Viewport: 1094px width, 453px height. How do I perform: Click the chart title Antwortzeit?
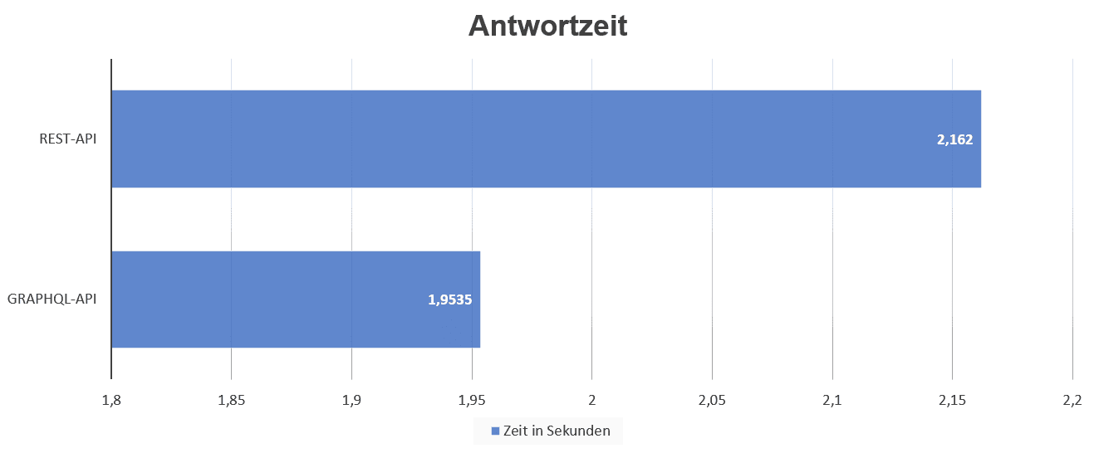(x=547, y=26)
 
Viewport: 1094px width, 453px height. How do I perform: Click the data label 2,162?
(x=954, y=139)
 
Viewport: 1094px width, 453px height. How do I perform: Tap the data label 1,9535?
(x=450, y=300)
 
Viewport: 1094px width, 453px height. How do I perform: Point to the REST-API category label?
(x=68, y=139)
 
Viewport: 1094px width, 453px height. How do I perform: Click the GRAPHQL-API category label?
(x=52, y=299)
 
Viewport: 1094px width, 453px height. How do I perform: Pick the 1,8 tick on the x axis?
(x=111, y=400)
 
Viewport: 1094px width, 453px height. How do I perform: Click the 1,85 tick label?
(x=231, y=400)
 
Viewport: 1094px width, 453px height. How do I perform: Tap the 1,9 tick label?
(x=351, y=400)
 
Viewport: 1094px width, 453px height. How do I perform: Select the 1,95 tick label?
(x=472, y=400)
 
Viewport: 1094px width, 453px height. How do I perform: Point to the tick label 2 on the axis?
(x=591, y=400)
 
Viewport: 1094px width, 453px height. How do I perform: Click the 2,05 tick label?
(x=712, y=400)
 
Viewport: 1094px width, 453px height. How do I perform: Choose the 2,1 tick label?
(x=832, y=400)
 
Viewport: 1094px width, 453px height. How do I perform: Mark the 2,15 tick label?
(x=952, y=400)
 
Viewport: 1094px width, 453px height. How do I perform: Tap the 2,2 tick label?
(x=1072, y=400)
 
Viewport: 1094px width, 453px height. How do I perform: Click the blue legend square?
(x=495, y=431)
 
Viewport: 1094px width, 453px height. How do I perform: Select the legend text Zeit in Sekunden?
(x=557, y=431)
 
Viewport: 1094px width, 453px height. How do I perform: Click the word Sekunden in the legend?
(x=583, y=431)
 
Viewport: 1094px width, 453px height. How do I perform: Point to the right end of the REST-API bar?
(x=979, y=139)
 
